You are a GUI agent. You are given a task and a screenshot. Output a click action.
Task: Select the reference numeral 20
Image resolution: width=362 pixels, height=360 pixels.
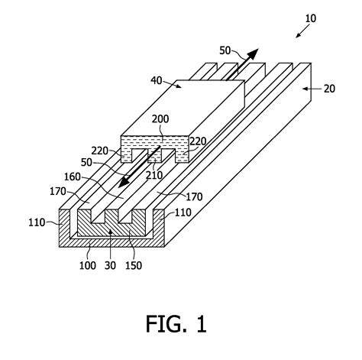click(x=329, y=89)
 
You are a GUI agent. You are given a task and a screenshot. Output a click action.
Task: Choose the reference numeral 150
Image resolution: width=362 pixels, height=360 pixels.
click(x=134, y=266)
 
